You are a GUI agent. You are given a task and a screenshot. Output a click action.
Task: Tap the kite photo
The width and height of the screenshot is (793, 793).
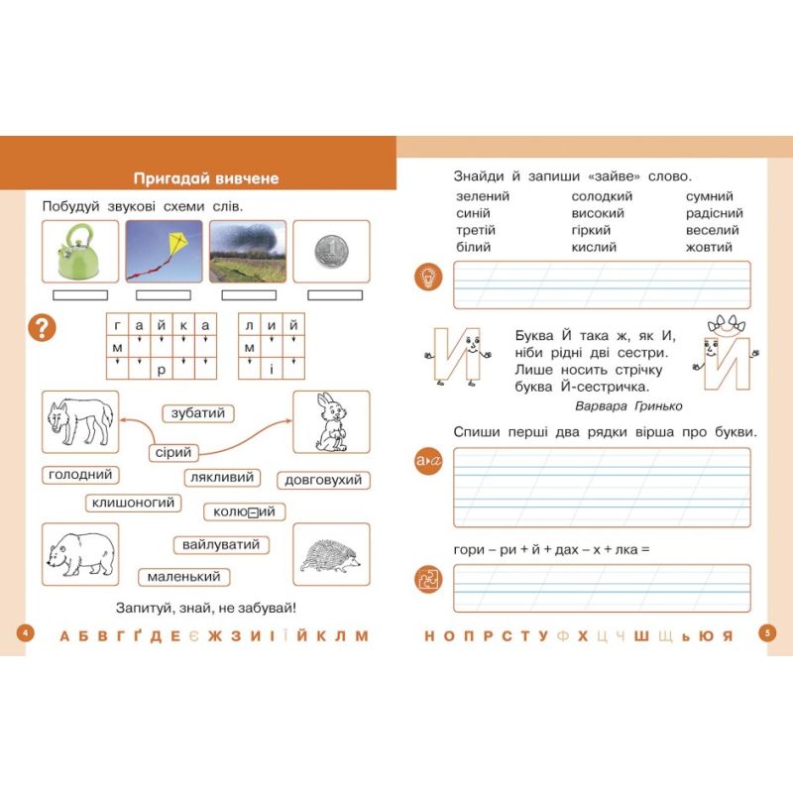click(x=164, y=251)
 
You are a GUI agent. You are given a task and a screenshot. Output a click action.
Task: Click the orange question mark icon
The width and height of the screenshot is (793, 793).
click(x=41, y=327)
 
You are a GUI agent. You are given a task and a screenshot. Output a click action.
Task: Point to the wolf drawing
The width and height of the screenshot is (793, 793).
click(x=80, y=421)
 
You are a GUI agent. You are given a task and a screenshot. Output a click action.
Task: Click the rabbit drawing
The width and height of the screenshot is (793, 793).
click(x=331, y=421)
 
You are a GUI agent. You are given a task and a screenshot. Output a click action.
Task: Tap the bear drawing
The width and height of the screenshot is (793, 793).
click(x=80, y=553)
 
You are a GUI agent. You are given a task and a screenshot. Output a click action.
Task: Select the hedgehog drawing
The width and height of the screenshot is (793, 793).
click(x=331, y=553)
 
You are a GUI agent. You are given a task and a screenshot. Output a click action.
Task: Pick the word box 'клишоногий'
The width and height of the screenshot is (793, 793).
click(x=134, y=503)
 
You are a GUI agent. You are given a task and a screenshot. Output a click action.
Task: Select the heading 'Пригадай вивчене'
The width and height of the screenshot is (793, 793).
click(x=206, y=178)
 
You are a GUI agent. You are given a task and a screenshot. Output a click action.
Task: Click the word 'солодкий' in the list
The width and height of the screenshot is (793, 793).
click(x=601, y=196)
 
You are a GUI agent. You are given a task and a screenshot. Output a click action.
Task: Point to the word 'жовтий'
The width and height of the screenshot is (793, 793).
click(x=709, y=247)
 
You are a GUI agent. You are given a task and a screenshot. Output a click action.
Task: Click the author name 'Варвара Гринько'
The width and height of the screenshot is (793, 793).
click(x=627, y=405)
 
